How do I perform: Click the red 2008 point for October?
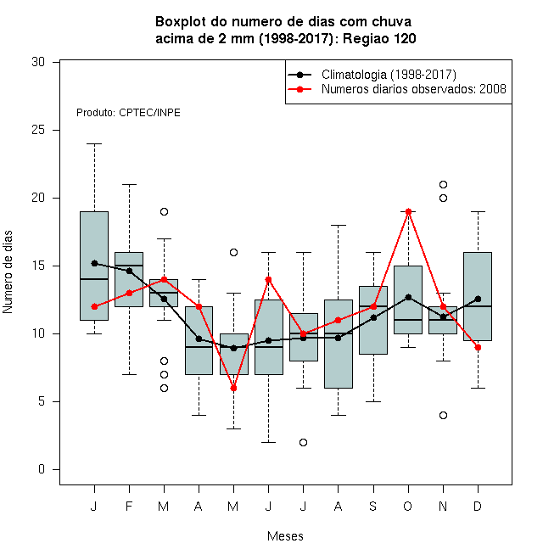click(408, 212)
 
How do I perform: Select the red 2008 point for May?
click(233, 389)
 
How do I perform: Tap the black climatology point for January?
click(94, 263)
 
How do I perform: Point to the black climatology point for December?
click(478, 299)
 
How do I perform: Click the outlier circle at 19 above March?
click(164, 212)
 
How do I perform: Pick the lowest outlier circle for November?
click(444, 416)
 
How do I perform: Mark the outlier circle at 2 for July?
click(303, 443)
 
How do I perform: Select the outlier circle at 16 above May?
click(233, 253)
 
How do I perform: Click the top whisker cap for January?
click(94, 144)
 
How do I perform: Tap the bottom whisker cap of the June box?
click(269, 443)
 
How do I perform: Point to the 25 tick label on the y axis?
click(38, 130)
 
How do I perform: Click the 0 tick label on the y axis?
click(42, 469)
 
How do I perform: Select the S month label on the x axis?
click(373, 506)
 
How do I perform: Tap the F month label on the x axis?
click(129, 506)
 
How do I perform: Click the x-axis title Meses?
click(285, 536)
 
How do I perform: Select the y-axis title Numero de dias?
click(8, 272)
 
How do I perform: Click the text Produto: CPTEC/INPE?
click(128, 113)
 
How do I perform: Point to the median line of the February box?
click(129, 266)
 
